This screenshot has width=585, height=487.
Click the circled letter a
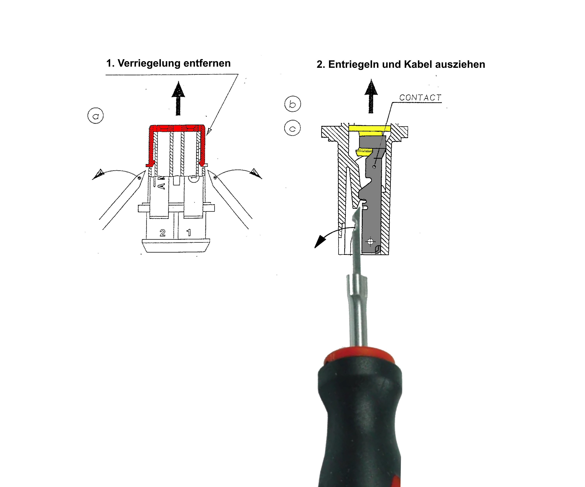click(x=96, y=116)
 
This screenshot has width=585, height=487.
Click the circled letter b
click(x=292, y=104)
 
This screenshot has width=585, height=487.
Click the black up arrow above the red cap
click(x=178, y=98)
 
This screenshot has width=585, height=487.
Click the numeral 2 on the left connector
click(x=162, y=233)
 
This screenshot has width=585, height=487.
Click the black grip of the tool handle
click(x=359, y=423)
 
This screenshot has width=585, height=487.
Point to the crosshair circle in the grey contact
click(x=370, y=242)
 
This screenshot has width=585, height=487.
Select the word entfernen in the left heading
click(x=207, y=64)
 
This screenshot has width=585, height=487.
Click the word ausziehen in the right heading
click(x=460, y=64)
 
